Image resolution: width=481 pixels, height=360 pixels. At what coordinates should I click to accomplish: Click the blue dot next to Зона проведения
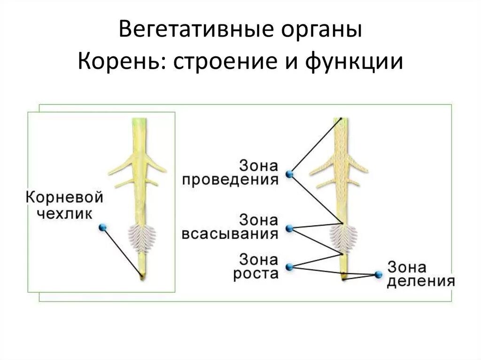pos(289,173)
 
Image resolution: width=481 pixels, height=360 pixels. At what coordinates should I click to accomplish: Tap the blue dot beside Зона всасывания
pos(289,229)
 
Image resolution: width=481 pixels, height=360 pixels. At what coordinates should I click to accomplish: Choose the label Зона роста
pos(256,266)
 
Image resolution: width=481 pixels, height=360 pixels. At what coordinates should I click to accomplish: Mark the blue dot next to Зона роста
pos(289,267)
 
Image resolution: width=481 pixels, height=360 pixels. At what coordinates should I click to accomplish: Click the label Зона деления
pos(420,275)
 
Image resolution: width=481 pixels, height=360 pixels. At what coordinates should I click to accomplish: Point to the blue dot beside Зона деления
pos(379,274)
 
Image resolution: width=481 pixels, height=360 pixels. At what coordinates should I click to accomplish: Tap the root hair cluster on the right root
pos(342,237)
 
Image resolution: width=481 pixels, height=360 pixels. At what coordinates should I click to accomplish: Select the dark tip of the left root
pos(141,276)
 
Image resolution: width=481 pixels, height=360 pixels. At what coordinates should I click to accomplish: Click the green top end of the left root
pos(140,123)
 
